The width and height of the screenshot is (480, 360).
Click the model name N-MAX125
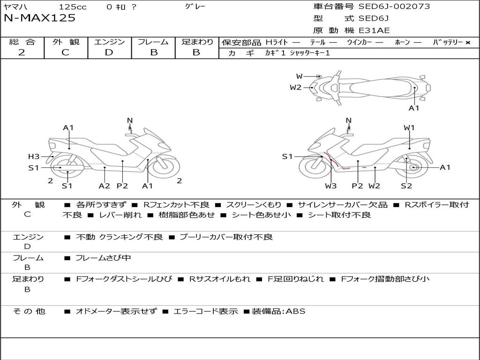tap(39, 18)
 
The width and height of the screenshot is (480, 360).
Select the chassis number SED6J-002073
tap(394, 7)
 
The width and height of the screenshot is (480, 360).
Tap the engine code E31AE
tap(374, 30)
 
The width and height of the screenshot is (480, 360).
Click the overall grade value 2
tap(22, 52)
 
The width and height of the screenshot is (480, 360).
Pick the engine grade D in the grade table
tap(109, 52)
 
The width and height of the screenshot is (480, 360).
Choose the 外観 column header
tap(66, 42)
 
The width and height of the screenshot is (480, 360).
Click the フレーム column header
tap(153, 42)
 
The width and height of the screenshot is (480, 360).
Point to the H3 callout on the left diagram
tap(34, 157)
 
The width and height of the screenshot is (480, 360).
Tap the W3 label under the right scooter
tap(331, 186)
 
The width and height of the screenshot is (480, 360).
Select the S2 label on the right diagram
tap(406, 186)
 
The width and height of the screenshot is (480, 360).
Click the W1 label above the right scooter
tap(409, 127)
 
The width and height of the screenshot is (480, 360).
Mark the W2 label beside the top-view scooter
tap(295, 87)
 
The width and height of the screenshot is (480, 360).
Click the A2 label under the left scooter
tap(104, 186)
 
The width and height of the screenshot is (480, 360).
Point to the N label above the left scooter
tap(130, 120)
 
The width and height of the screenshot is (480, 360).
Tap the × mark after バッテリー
tap(467, 42)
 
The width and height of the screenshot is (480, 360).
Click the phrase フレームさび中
tap(103, 258)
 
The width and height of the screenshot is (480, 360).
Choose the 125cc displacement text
tap(73, 7)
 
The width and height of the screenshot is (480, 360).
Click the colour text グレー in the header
tap(195, 7)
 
